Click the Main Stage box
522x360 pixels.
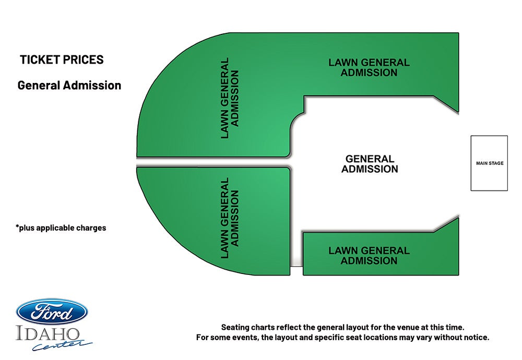click(x=489, y=163)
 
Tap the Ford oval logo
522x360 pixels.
click(x=52, y=311)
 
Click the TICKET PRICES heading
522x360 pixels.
click(x=62, y=59)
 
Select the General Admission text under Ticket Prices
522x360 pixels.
click(x=69, y=85)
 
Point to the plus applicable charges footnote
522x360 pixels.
click(x=61, y=228)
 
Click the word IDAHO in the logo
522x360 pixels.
click(x=48, y=334)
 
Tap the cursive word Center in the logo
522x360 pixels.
click(x=62, y=345)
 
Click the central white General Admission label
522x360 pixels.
click(x=370, y=164)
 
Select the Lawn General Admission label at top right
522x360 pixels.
click(x=369, y=67)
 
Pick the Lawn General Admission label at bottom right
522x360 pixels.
click(x=369, y=256)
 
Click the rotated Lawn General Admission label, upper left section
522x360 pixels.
click(x=230, y=98)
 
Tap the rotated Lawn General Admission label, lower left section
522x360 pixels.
click(x=230, y=218)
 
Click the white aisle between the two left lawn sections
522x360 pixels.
click(x=213, y=162)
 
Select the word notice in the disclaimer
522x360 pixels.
click(x=477, y=338)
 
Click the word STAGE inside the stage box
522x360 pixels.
click(x=496, y=163)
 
